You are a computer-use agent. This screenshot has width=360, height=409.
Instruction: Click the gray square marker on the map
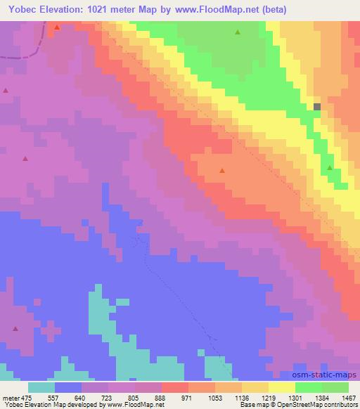tap(317, 107)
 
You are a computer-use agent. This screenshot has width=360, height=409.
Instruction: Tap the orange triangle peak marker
tap(222, 171)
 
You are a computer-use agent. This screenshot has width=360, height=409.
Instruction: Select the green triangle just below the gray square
tap(330, 168)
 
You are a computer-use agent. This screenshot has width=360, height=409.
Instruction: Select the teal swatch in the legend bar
tap(41, 387)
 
